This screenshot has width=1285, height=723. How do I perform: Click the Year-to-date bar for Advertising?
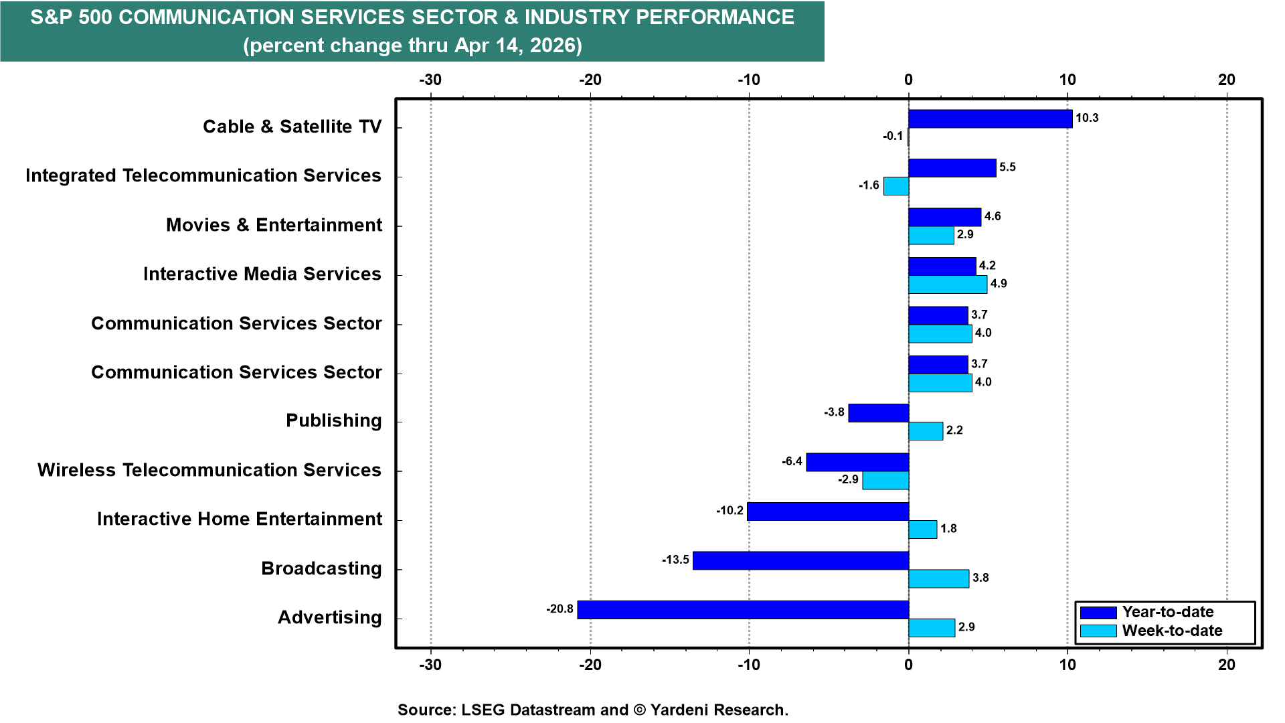(743, 610)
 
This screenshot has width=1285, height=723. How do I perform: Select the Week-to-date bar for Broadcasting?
(938, 578)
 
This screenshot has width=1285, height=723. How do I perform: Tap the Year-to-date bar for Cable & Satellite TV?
(990, 118)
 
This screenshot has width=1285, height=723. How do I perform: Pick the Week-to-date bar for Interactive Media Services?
(947, 285)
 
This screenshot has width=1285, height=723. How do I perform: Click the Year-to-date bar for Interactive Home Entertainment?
(827, 511)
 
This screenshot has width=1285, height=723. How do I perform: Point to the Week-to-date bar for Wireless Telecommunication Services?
(885, 481)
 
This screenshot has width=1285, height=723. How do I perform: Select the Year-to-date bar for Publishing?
(878, 413)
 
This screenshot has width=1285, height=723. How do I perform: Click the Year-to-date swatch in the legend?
(1098, 613)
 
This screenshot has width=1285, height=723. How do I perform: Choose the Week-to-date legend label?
(1172, 631)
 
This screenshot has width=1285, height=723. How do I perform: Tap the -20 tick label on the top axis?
(590, 80)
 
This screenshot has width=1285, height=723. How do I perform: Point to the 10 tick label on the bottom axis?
(1067, 665)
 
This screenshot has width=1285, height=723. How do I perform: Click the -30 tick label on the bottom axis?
(430, 665)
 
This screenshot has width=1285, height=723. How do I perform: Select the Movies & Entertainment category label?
(274, 225)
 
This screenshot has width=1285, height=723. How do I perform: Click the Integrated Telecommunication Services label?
(203, 175)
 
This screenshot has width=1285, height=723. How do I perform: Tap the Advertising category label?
(329, 617)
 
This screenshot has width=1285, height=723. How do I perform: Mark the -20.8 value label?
(560, 609)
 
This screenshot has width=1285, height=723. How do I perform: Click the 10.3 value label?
(1087, 118)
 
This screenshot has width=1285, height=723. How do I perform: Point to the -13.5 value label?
(675, 560)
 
